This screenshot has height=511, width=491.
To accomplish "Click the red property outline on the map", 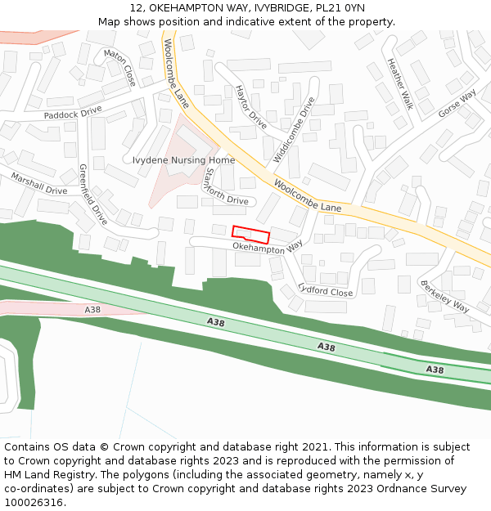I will click(251, 234).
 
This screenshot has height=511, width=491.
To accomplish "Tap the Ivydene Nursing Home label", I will click(183, 160).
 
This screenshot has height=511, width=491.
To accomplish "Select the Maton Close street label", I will click(119, 67).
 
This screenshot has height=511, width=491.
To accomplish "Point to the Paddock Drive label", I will click(73, 112).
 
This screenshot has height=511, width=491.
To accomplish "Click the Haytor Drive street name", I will click(250, 107).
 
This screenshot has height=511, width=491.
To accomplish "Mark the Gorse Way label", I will click(457, 104).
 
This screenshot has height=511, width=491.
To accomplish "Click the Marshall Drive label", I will click(39, 184).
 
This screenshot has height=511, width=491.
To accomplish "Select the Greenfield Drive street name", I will click(92, 195).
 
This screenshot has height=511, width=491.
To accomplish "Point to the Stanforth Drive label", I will click(225, 187).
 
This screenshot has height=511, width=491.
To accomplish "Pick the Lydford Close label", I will click(326, 289).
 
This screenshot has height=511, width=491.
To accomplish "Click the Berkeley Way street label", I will click(444, 296).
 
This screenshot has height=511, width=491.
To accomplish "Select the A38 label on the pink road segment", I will click(92, 310).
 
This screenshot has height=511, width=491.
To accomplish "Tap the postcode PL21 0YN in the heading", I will click(341, 8).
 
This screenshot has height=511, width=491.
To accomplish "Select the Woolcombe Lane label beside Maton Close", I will click(177, 74).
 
